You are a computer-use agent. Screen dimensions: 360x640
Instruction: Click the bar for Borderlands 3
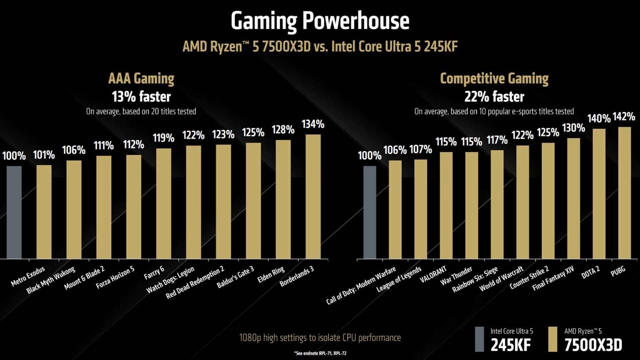(x=313, y=196)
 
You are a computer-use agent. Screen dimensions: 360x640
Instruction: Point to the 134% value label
(x=313, y=124)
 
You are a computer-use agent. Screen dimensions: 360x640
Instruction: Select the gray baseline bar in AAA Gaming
(x=14, y=212)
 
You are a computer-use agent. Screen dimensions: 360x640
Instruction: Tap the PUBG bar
(x=624, y=192)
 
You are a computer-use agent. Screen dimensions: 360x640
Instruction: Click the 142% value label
(x=624, y=117)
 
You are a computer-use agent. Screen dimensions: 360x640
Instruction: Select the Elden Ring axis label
(x=271, y=275)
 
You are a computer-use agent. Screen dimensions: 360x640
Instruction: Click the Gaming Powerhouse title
(x=320, y=21)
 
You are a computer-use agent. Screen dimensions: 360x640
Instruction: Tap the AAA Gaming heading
(x=141, y=78)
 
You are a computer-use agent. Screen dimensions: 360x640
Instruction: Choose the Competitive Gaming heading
(x=494, y=78)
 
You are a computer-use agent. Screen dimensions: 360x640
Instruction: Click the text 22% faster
(x=494, y=97)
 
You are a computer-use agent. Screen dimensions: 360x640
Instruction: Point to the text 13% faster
(x=141, y=97)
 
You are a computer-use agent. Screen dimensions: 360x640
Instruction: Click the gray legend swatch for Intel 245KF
(x=480, y=339)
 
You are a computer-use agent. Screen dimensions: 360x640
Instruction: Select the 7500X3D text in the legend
(x=593, y=345)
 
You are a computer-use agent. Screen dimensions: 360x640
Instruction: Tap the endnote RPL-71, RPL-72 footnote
(x=320, y=353)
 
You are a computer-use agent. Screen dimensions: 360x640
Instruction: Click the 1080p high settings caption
(x=320, y=337)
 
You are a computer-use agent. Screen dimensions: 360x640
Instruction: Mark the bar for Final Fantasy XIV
(x=573, y=198)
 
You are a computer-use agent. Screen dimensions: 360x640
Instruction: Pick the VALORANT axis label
(x=433, y=275)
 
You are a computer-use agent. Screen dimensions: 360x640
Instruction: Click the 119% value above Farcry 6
(x=163, y=138)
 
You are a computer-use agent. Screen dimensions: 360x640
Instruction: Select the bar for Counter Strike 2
(x=548, y=201)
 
